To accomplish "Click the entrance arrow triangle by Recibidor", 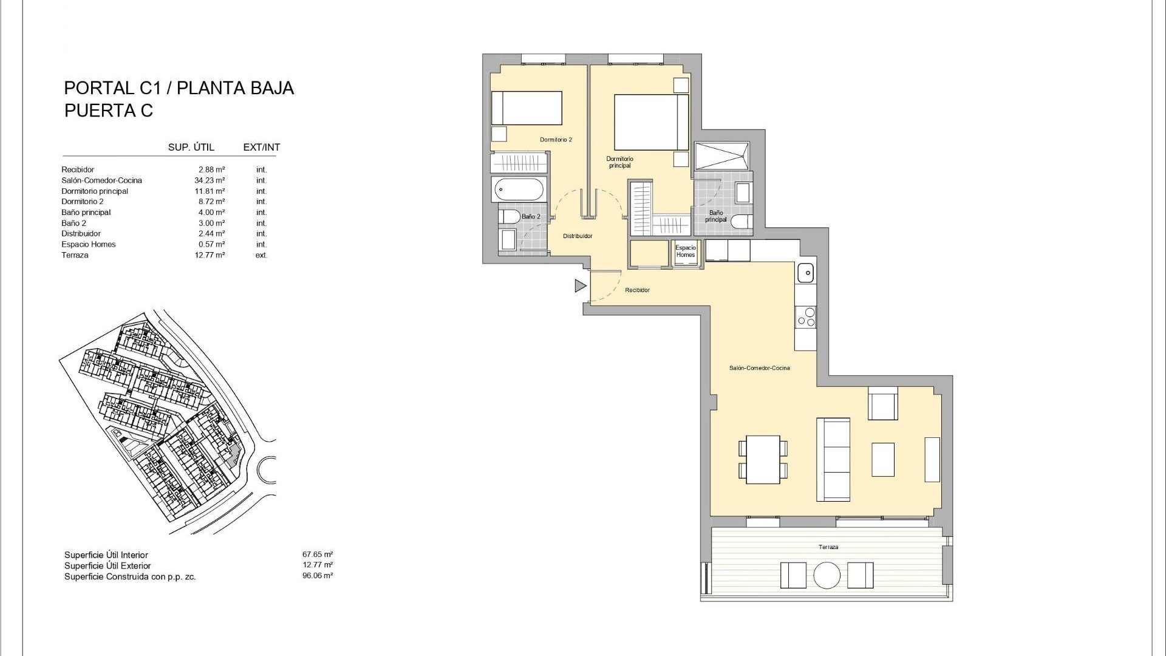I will [580, 285].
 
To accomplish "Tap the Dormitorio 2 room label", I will [556, 140].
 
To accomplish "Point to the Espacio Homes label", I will [686, 251].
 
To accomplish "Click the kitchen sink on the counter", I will [806, 273].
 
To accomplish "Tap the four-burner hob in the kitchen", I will [806, 317].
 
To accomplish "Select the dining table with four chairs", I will [763, 460].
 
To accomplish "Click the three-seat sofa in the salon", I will [833, 459].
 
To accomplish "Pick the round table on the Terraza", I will [827, 575].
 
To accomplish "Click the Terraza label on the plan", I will [828, 547].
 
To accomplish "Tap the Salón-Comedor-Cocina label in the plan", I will [759, 368].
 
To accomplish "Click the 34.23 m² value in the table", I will [211, 180].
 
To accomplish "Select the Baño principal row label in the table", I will [86, 213].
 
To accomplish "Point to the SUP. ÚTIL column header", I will [191, 148].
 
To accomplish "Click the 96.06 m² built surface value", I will [317, 576].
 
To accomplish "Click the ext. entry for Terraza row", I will [261, 255].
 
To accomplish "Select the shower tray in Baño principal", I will [721, 156].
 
